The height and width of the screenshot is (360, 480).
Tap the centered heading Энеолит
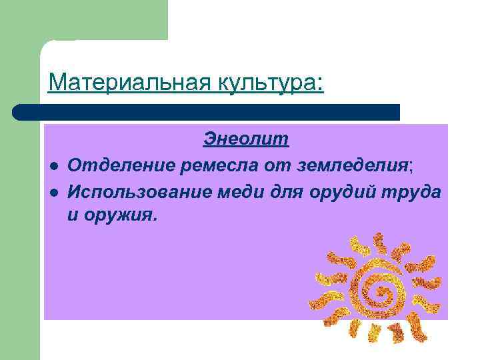[x=246, y=139]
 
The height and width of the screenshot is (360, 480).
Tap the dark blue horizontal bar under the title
[x=213, y=112]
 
